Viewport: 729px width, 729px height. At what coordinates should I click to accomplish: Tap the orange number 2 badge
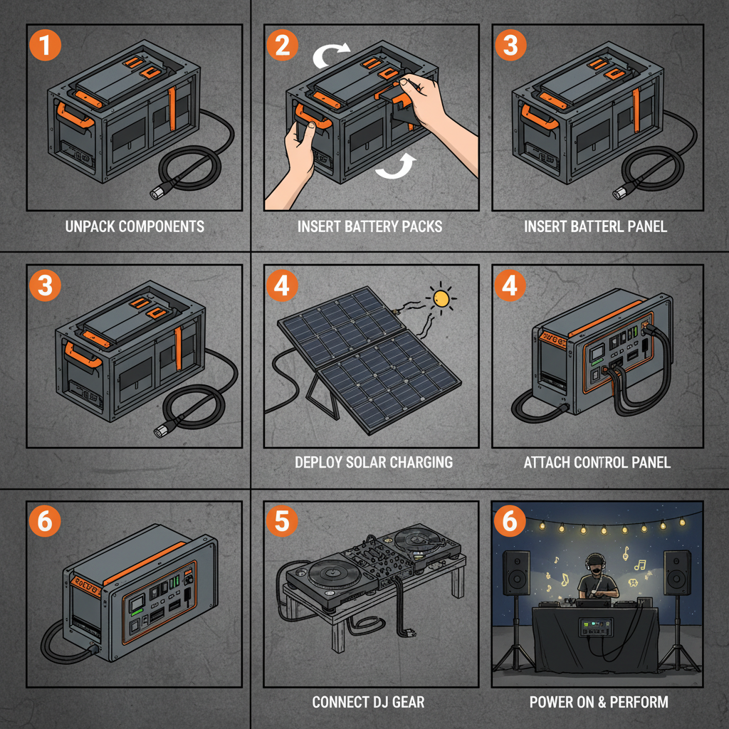[x=283, y=46]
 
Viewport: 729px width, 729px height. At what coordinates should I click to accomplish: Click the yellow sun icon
[x=442, y=298]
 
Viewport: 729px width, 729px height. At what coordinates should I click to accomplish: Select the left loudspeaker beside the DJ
[x=516, y=574]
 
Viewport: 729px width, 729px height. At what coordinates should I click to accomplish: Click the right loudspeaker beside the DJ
[x=676, y=574]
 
